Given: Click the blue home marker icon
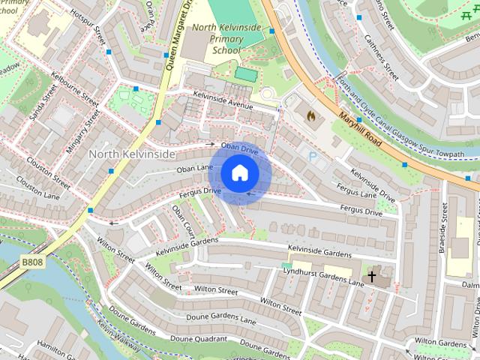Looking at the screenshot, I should pos(239,172).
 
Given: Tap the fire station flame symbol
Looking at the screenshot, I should pos(310,116).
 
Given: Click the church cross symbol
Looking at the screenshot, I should pos(371,277).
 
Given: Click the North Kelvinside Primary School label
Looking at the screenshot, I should pos(226,39).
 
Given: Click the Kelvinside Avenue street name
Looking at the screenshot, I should pos(223,100).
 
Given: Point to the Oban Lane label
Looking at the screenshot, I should pos(195,169).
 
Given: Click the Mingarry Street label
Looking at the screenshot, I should pos(82,130).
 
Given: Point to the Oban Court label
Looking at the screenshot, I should pos(184,221).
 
